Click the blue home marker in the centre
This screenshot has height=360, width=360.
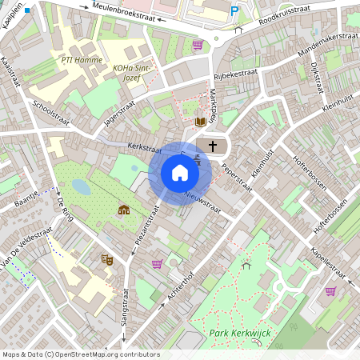(180, 173)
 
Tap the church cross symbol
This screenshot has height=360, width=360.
(212, 146)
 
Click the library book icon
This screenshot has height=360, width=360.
(200, 122)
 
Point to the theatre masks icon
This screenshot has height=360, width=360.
(105, 258)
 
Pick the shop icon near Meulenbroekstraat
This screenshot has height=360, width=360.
(198, 45)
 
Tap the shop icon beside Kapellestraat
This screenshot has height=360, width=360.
(330, 291)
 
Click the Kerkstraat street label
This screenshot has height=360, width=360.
(145, 149)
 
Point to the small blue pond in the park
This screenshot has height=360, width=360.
(80, 186)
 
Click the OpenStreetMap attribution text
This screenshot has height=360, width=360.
(80, 354)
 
